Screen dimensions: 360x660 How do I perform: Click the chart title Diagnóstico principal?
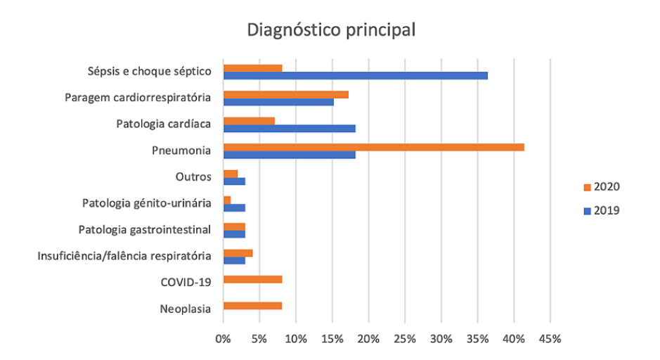tap(330, 31)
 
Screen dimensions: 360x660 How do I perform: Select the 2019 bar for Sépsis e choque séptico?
tap(355, 75)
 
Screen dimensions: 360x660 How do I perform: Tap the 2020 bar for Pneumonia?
tap(373, 147)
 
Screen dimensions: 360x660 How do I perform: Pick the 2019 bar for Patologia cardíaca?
tap(289, 128)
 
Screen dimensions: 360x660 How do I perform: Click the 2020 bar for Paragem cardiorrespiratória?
tap(285, 94)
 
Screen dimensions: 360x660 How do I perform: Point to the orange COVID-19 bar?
tap(252, 279)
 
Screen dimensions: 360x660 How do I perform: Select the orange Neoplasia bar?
tap(252, 306)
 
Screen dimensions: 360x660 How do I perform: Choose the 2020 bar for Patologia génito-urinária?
tap(227, 200)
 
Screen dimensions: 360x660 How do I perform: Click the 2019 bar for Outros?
tap(234, 181)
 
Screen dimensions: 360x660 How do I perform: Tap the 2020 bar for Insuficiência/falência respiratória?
tap(238, 252)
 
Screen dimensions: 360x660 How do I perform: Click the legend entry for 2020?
tap(601, 187)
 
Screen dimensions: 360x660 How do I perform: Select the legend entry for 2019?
tap(601, 210)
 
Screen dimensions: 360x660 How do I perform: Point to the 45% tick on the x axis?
tap(550, 339)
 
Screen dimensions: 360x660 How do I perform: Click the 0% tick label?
tap(223, 339)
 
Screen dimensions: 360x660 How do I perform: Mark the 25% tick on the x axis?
tap(405, 339)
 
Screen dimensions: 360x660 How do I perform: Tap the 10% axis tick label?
tap(296, 339)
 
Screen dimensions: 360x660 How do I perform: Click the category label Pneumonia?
tap(181, 150)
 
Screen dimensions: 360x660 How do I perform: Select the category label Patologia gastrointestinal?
tap(145, 229)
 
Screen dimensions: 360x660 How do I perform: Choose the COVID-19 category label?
tap(186, 283)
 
